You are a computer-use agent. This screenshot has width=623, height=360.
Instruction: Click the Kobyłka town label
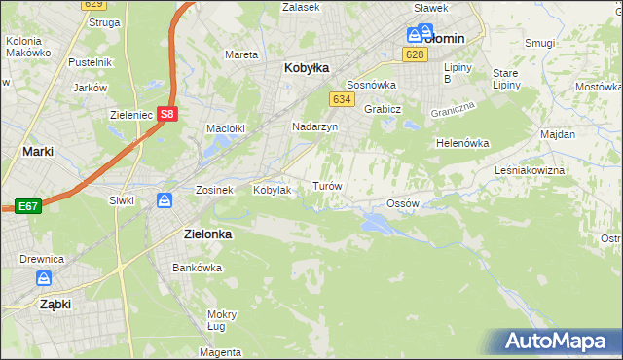pyautogui.click(x=307, y=68)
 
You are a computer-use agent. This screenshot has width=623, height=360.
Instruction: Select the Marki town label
pyautogui.click(x=37, y=151)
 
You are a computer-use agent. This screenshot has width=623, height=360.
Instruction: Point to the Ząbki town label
pyautogui.click(x=42, y=304)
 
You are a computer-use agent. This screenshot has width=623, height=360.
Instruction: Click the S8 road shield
pyautogui.click(x=169, y=114)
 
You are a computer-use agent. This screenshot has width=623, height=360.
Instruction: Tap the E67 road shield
pyautogui.click(x=26, y=206)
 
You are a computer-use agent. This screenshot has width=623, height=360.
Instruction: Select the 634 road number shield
pyautogui.click(x=341, y=100)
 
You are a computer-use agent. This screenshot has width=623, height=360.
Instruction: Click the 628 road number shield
pyautogui.click(x=416, y=54)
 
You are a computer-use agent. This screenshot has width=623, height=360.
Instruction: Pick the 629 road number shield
pyautogui.click(x=92, y=5)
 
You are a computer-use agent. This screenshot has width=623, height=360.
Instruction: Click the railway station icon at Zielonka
pyautogui.click(x=165, y=200)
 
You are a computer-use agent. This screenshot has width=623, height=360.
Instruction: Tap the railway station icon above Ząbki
pyautogui.click(x=44, y=278)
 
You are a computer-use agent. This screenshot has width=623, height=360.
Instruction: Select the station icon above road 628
pyautogui.click(x=414, y=35)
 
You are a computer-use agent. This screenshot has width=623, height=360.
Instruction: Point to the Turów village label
pyautogui.click(x=326, y=185)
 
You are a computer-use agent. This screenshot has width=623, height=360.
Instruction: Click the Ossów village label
pyautogui.click(x=402, y=203)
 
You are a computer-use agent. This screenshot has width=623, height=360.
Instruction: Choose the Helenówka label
pyautogui.click(x=461, y=143)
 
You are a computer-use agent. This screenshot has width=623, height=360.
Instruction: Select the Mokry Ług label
pyautogui.click(x=222, y=320)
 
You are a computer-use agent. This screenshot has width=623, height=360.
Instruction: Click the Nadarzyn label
pyautogui.click(x=315, y=126)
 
